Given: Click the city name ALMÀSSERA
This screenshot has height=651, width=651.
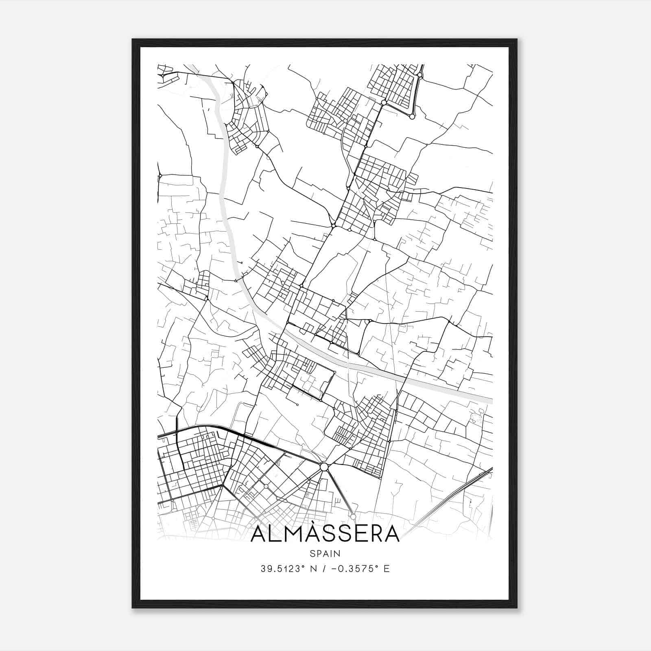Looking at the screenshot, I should [x=325, y=534].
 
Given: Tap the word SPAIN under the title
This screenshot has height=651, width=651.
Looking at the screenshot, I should [x=325, y=554].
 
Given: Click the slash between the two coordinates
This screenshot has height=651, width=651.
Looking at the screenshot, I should [x=325, y=569].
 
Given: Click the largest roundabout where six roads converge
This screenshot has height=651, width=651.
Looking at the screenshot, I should [x=324, y=467].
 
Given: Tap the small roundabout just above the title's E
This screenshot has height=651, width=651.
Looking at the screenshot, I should [x=353, y=516].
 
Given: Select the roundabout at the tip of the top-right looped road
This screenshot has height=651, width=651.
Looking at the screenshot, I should [x=412, y=116].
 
